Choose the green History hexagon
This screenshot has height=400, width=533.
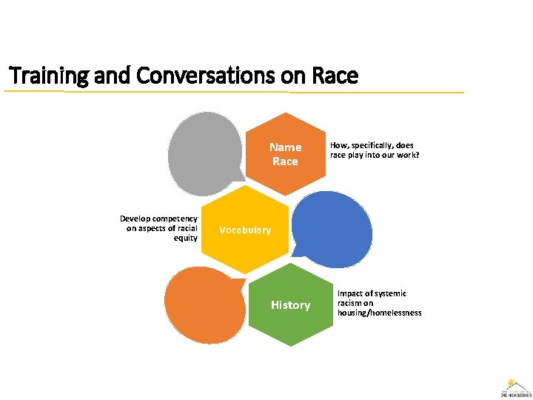click(x=290, y=304)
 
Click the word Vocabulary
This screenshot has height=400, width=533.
click(x=245, y=230)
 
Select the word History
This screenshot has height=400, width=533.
click(x=290, y=304)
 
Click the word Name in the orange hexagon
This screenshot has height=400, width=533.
click(x=285, y=147)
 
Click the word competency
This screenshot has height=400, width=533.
click(x=177, y=219)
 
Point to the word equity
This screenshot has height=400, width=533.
click(x=186, y=238)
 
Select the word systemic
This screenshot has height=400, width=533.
click(x=391, y=294)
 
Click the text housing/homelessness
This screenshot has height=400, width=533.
click(x=379, y=313)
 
